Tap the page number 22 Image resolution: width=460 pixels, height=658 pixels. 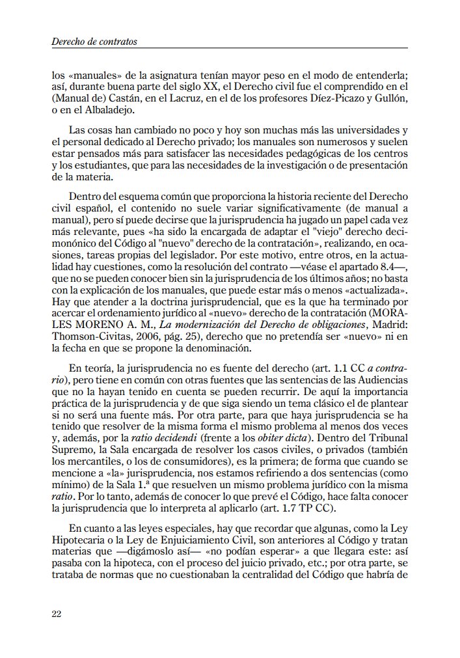pos(57,614)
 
